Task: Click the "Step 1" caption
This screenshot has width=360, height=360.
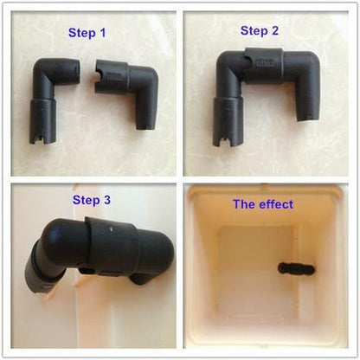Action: click(x=87, y=33)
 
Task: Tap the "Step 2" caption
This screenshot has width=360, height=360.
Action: click(x=260, y=31)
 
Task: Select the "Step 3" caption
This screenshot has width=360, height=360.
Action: click(x=92, y=200)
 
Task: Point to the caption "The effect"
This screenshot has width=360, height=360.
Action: click(x=263, y=204)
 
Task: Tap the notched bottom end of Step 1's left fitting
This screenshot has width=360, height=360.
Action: click(x=42, y=138)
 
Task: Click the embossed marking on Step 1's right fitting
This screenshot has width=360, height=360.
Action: click(x=114, y=77)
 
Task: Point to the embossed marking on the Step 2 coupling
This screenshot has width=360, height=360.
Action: click(x=266, y=62)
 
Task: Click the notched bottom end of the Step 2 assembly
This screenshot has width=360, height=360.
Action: click(x=227, y=140)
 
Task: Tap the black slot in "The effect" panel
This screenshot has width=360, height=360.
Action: click(x=297, y=269)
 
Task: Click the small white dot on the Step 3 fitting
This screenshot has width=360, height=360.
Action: click(x=112, y=230)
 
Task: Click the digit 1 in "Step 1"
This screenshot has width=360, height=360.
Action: click(x=103, y=33)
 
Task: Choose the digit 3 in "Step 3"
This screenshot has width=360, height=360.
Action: click(x=107, y=200)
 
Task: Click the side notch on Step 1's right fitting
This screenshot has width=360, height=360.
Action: click(x=98, y=76)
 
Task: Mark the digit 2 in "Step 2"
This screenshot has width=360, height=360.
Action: click(x=275, y=30)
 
